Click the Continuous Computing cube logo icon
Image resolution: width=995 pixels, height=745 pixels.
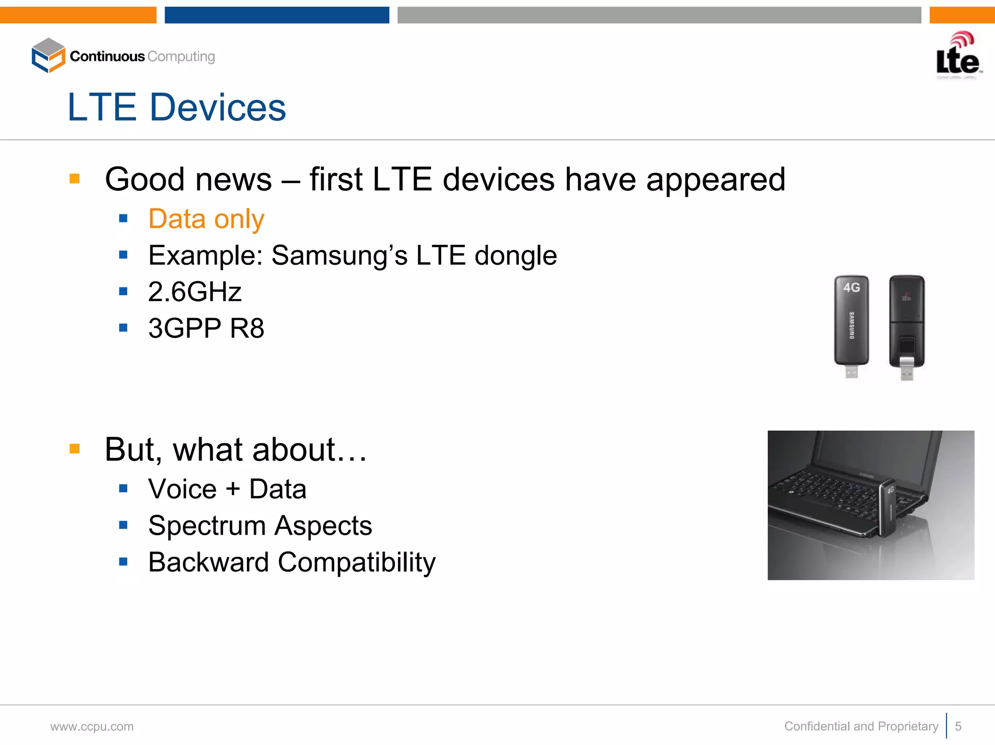(48, 56)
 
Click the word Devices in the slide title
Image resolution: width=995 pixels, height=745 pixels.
(218, 107)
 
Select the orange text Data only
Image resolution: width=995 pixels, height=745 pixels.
(206, 219)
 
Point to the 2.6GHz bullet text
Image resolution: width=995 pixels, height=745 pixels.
(195, 292)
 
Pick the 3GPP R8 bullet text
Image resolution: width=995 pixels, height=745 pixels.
(206, 328)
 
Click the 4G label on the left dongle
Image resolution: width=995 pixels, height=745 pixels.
(851, 288)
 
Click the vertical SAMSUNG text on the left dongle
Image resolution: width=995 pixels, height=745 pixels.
(851, 325)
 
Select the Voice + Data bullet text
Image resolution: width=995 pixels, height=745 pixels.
(227, 489)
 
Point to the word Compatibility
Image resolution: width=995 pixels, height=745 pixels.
(357, 562)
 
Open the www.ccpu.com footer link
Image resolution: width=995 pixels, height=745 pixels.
(92, 727)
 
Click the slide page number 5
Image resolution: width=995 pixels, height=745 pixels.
(958, 726)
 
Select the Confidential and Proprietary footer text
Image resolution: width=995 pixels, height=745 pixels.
(861, 726)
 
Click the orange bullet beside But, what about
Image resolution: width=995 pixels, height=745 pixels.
(74, 448)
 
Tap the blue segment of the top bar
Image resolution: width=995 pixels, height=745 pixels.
(277, 15)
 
